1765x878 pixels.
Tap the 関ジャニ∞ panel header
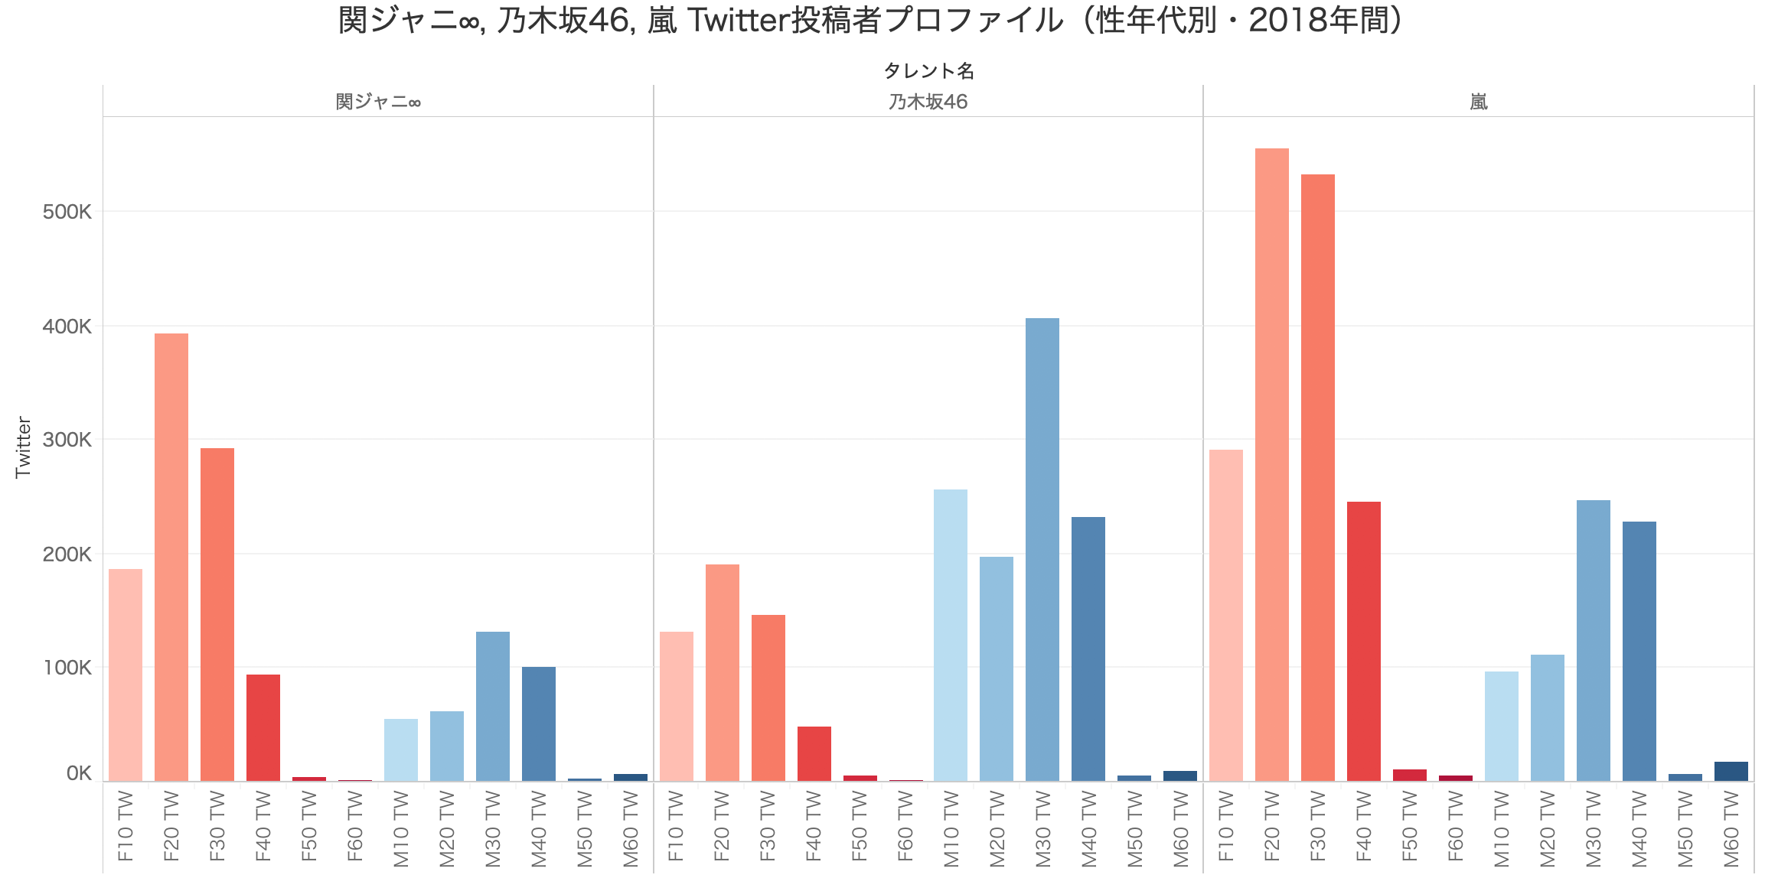point(378,102)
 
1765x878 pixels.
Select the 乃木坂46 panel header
point(928,102)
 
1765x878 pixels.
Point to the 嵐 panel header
point(1478,102)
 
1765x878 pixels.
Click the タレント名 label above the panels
point(928,71)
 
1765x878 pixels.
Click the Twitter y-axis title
point(23,447)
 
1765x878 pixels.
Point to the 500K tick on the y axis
point(67,212)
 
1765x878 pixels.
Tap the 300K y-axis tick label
point(67,440)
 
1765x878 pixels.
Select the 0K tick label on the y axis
point(79,773)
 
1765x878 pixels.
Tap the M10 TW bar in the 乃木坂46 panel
point(950,635)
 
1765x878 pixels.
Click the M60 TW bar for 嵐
point(1731,771)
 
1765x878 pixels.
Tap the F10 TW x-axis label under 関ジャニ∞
point(126,827)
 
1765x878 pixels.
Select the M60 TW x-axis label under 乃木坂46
point(1179,827)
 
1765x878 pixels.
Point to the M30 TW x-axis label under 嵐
point(1593,827)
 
